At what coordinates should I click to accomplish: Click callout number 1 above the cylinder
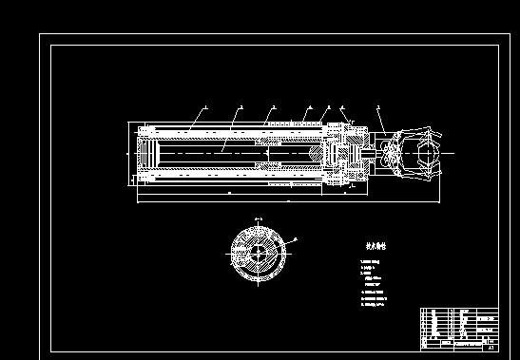[206, 106]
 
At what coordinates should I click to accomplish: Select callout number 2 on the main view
[241, 107]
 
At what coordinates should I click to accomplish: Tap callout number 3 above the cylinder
[273, 107]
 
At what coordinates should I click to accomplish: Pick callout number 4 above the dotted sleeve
[310, 107]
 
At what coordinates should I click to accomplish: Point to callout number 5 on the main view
[329, 107]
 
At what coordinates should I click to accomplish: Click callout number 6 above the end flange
[342, 107]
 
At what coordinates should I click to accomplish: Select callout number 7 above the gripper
[377, 107]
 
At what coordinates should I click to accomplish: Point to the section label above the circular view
[258, 219]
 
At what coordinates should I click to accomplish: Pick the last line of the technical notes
[372, 305]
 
